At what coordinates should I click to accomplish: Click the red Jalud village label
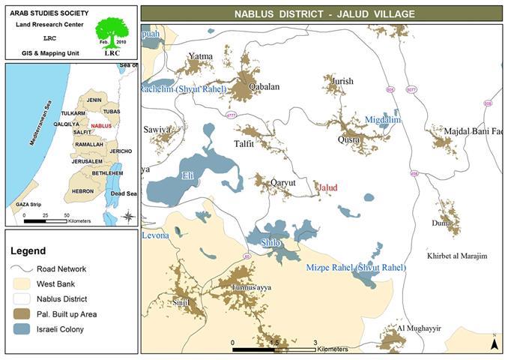point(327,187)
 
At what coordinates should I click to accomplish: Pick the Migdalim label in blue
point(382,119)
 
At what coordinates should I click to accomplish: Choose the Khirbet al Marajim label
point(456,256)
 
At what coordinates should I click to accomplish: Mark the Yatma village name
point(200,56)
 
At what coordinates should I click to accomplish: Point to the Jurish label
point(342,80)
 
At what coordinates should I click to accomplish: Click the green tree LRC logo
point(111,34)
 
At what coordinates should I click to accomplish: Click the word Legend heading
point(28,250)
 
